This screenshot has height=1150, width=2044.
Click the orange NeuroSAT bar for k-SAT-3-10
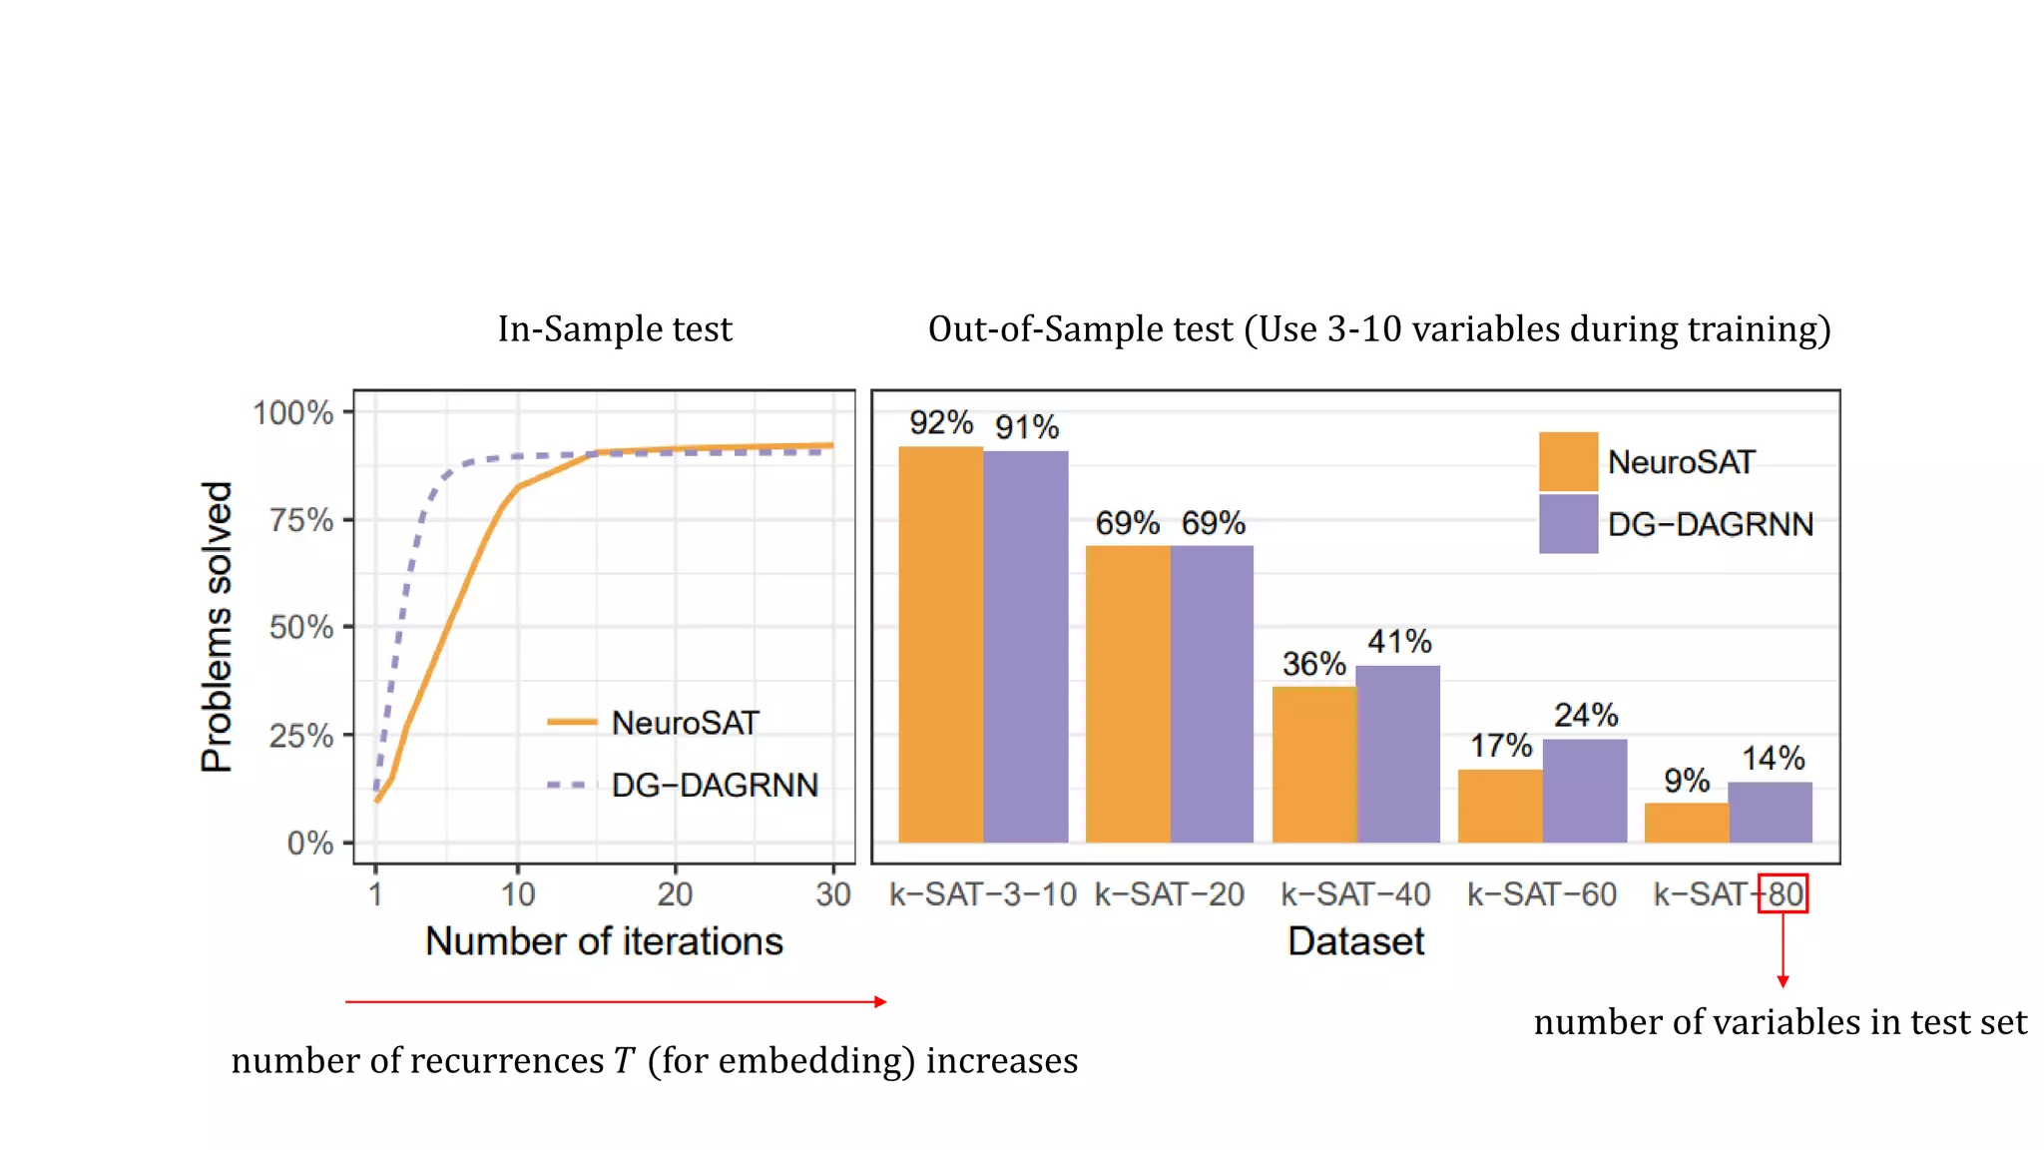click(x=940, y=644)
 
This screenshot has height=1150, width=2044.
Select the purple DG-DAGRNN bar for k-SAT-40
click(x=1397, y=754)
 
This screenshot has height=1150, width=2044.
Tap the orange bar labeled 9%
click(x=1686, y=823)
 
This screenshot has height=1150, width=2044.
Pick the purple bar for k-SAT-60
click(x=1584, y=791)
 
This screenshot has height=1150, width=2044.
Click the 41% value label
click(x=1399, y=642)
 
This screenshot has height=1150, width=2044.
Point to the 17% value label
click(x=1500, y=746)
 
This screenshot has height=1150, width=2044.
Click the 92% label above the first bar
click(x=940, y=423)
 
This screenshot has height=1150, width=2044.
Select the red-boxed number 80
click(x=1784, y=893)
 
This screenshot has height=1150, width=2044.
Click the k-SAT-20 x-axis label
click(x=1169, y=894)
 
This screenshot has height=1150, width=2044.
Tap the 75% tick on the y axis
click(x=301, y=520)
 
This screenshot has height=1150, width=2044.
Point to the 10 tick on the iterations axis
click(x=518, y=894)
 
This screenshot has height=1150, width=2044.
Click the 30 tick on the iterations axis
click(x=832, y=894)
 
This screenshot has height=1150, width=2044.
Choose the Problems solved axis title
click(x=217, y=627)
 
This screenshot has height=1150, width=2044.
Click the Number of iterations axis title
click(x=604, y=941)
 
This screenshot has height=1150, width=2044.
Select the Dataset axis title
click(x=1355, y=941)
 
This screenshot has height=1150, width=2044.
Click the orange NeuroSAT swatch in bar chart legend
click(x=1568, y=461)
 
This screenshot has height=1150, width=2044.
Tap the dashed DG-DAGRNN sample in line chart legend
click(x=571, y=786)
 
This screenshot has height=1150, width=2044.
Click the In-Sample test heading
click(x=615, y=329)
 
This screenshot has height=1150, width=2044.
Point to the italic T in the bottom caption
click(x=625, y=1060)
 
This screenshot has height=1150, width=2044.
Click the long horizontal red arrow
click(x=615, y=1001)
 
